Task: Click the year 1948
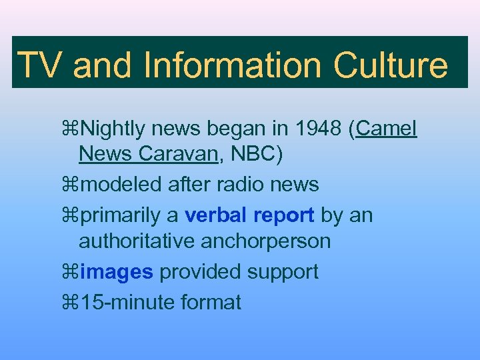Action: pyautogui.click(x=319, y=127)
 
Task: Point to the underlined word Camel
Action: pyautogui.click(x=387, y=127)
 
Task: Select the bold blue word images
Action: pyautogui.click(x=116, y=272)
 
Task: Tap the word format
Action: pyautogui.click(x=211, y=302)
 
